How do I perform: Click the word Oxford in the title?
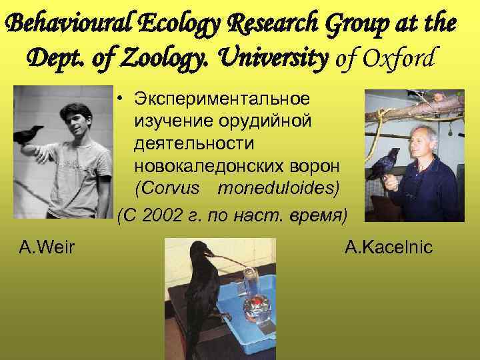coord(398,59)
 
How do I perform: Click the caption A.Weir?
coord(47,249)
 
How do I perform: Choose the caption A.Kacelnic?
coord(389,249)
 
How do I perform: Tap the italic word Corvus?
coord(167,188)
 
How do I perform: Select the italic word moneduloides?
coord(279,188)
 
